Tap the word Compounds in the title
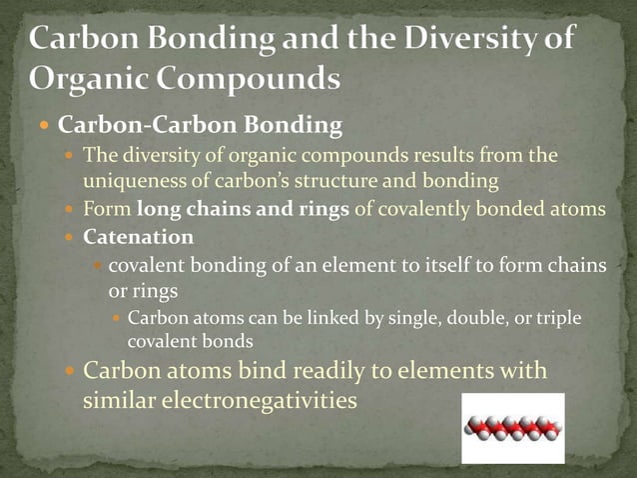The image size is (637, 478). pyautogui.click(x=249, y=77)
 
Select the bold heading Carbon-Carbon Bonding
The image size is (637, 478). pyautogui.click(x=200, y=126)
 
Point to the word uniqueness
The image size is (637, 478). pyautogui.click(x=131, y=183)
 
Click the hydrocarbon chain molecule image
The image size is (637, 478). pyautogui.click(x=512, y=427)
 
